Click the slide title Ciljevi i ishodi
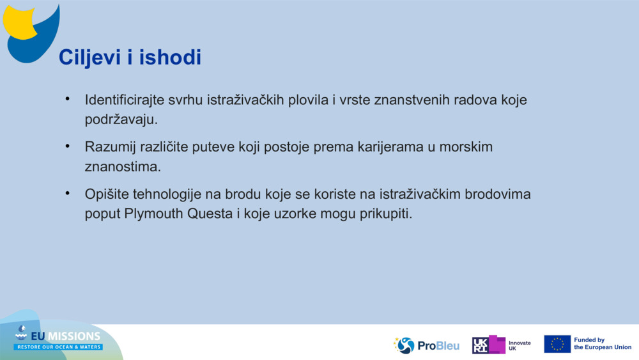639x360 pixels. click(x=130, y=58)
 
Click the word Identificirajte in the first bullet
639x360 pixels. click(x=125, y=100)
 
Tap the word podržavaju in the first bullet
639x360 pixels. click(x=120, y=120)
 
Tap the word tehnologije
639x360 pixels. click(x=168, y=194)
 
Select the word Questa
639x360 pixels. click(x=210, y=214)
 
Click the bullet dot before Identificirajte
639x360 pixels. click(x=66, y=100)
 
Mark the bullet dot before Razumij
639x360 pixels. click(x=66, y=146)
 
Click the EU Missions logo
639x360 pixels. click(x=58, y=339)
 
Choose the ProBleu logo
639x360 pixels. click(x=426, y=345)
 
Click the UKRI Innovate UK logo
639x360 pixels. click(x=501, y=345)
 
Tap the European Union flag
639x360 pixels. click(x=557, y=344)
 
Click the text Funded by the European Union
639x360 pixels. click(x=602, y=344)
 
